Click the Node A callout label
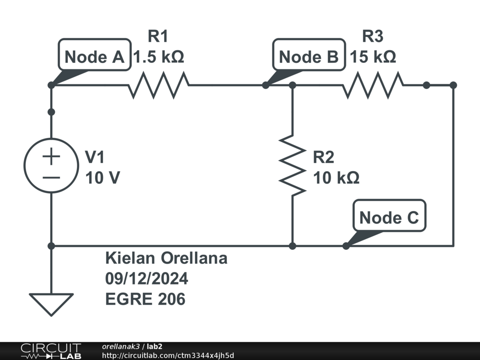[94, 57]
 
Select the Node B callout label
[308, 57]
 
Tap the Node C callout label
[389, 217]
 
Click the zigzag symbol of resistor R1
[159, 85]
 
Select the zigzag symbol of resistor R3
[373, 85]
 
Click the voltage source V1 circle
[51, 165]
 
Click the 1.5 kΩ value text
[158, 57]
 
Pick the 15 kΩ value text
[373, 57]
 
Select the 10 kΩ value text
[336, 178]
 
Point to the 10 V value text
[102, 178]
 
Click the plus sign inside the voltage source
[51, 156]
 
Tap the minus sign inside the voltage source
[51, 177]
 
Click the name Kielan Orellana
[166, 258]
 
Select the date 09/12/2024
[147, 278]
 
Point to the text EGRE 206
[145, 299]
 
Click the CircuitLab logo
[51, 351]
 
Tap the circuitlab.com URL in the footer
[167, 355]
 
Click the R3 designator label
[373, 36]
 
